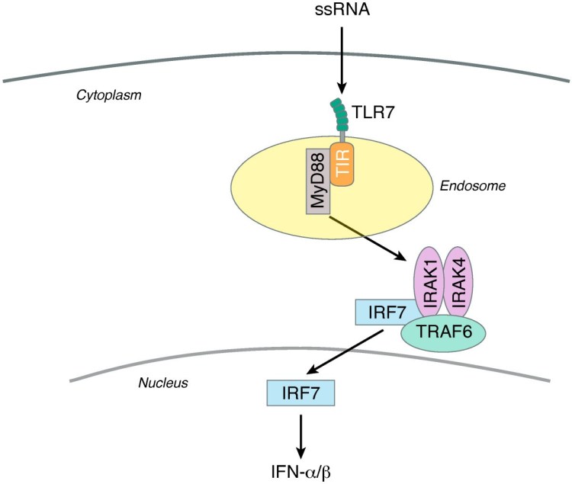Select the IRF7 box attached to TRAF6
(384, 311)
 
